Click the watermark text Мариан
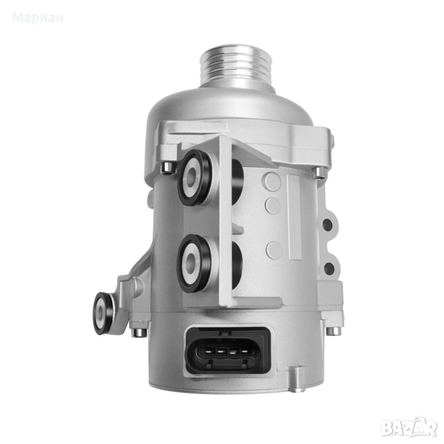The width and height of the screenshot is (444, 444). tap(38, 17)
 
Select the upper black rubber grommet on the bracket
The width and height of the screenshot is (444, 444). tap(195, 177)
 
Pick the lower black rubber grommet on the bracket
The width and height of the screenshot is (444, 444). tap(194, 264)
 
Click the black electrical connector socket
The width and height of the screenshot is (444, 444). tap(227, 351)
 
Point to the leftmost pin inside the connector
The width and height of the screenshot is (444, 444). tap(208, 351)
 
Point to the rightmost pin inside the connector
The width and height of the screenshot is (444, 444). tap(245, 352)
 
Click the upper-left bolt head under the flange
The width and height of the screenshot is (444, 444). tap(167, 167)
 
